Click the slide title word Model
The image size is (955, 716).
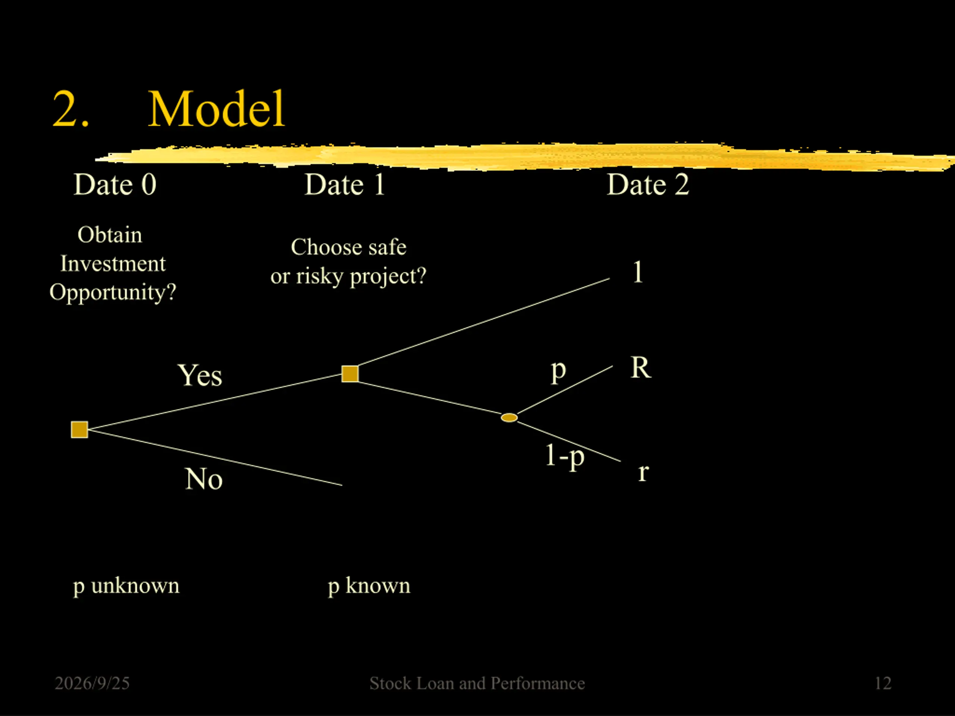point(216,109)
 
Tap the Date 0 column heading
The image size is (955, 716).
point(115,184)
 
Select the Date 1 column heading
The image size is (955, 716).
point(345,184)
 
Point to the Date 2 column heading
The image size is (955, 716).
point(648,184)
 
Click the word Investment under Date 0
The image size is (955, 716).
point(113,263)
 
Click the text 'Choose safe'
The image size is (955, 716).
point(348,247)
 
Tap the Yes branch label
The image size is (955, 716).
point(200,375)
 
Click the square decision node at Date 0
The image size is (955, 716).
point(79,430)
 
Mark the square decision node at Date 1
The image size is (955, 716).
point(350,374)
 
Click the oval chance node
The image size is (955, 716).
point(509,417)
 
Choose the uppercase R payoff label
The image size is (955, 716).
point(641,367)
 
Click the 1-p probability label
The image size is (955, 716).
point(565,456)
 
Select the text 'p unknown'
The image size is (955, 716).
point(126,586)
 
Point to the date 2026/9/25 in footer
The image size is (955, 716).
point(92,683)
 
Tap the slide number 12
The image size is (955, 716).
point(883,683)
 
